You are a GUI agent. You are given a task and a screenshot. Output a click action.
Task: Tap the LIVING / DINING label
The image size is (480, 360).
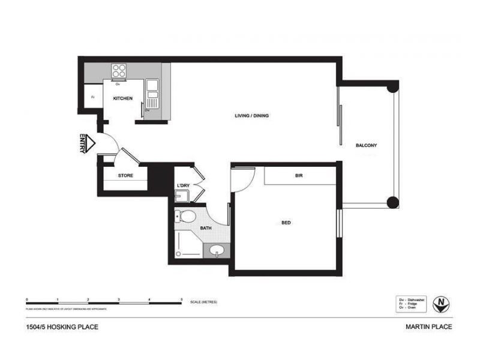click(251, 115)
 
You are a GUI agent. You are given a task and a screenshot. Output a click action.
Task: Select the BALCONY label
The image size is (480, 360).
click(366, 146)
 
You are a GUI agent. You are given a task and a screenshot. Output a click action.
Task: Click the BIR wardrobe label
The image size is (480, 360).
click(298, 176)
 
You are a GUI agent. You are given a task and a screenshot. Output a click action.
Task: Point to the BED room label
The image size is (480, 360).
click(286, 223)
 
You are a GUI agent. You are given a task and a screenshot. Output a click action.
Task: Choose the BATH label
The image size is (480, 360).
click(206, 229)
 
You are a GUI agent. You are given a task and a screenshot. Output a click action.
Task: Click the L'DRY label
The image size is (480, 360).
click(184, 185)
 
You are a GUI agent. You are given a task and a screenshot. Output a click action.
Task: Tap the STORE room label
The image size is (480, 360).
click(125, 176)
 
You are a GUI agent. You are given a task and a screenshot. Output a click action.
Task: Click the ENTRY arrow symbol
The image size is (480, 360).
click(89, 143)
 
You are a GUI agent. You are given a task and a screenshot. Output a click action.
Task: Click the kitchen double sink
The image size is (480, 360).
click(152, 90)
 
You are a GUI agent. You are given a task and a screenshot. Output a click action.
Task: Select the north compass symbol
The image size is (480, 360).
click(442, 303)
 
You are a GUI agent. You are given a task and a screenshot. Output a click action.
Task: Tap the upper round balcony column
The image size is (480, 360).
click(392, 86)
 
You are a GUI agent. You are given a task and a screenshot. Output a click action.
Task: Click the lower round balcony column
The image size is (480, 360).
click(392, 202)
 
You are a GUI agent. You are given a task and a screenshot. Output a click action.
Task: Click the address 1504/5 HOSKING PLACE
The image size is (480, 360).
click(62, 327)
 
